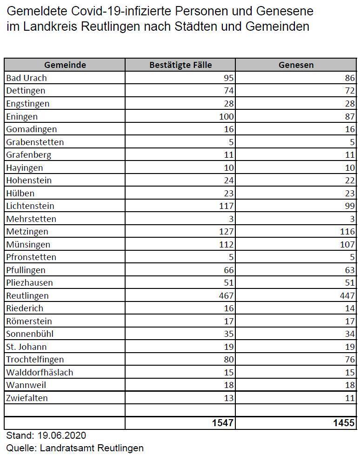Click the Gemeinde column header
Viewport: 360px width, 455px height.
tap(65, 65)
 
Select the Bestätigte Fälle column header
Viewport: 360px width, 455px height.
tap(180, 65)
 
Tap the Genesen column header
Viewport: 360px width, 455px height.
tap(296, 65)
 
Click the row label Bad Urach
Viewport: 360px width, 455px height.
tap(27, 78)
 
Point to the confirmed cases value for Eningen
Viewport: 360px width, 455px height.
tap(226, 116)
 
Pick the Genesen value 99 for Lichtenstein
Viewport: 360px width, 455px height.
tap(350, 206)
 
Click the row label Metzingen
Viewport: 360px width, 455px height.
tap(27, 232)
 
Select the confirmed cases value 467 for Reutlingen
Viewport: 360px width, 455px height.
tap(226, 295)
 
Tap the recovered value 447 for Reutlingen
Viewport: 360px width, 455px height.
tap(347, 295)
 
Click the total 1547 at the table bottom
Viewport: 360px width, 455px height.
tap(223, 423)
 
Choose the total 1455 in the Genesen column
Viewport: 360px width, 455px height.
tap(344, 423)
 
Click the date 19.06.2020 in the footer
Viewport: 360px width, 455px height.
tap(62, 435)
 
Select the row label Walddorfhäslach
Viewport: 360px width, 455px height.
tap(40, 372)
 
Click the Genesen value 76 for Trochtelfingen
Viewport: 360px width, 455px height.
tap(350, 359)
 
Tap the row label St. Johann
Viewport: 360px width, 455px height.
tap(27, 347)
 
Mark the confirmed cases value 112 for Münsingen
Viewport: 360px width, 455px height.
tap(226, 244)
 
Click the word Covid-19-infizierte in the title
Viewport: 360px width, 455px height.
tap(121, 11)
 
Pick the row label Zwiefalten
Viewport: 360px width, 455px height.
tap(27, 398)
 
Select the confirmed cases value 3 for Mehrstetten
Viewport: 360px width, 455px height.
tap(231, 219)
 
